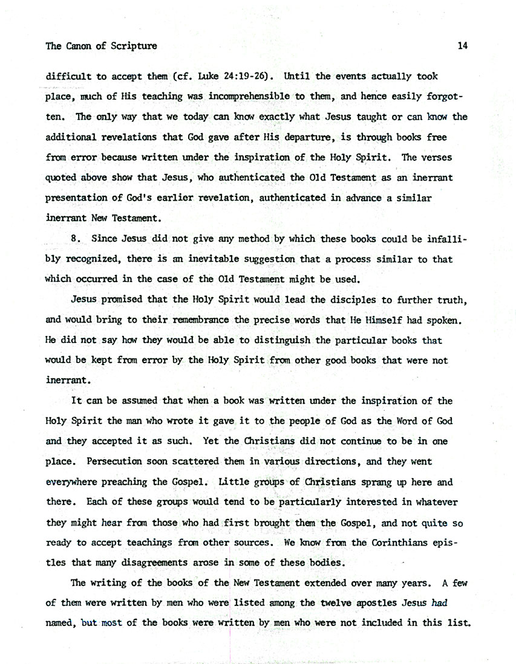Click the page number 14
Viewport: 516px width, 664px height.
coord(463,46)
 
